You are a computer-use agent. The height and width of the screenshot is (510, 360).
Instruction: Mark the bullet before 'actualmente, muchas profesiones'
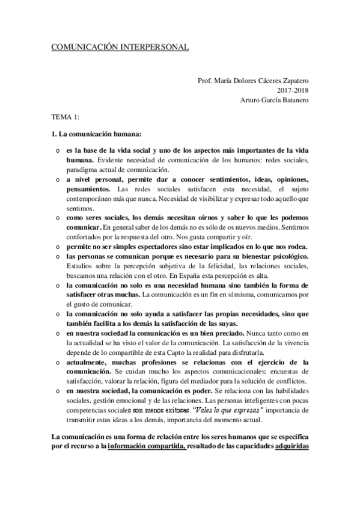56,363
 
